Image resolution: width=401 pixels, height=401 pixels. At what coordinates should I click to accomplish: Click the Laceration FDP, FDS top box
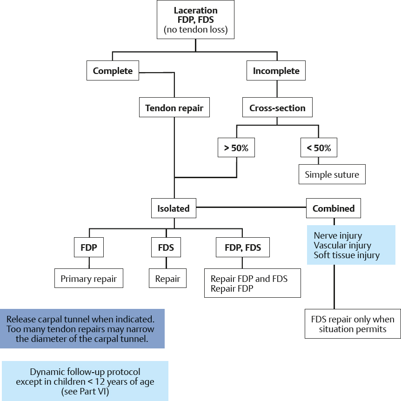(195, 20)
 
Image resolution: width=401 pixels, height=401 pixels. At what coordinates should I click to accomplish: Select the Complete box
(113, 71)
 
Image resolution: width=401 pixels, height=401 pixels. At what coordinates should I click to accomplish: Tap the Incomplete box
(276, 71)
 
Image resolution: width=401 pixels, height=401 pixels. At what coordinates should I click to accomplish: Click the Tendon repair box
(174, 108)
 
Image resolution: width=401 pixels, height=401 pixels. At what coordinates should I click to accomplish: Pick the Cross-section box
(277, 108)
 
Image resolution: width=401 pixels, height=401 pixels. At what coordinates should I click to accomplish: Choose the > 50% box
(236, 148)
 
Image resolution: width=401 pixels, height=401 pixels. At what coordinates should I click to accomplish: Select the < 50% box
(319, 148)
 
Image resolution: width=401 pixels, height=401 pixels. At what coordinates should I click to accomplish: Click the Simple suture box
(332, 175)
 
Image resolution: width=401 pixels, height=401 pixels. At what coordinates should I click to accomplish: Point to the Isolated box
(173, 208)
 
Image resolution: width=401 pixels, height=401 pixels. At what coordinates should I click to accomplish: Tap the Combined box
(333, 208)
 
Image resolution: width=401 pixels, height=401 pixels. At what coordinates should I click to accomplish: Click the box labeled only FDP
(88, 247)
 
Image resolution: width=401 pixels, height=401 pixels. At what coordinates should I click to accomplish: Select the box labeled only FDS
(167, 247)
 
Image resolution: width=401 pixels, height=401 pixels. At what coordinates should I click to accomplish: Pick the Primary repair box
(88, 280)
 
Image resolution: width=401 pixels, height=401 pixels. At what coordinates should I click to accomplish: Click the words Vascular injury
(342, 245)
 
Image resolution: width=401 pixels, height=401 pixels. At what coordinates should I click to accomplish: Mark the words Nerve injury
(337, 236)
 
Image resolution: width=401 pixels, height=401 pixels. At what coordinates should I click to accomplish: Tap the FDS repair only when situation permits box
(352, 324)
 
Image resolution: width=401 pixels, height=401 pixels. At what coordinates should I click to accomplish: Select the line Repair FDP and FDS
(249, 279)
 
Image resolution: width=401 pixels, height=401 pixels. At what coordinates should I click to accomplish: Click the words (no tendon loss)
(195, 30)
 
